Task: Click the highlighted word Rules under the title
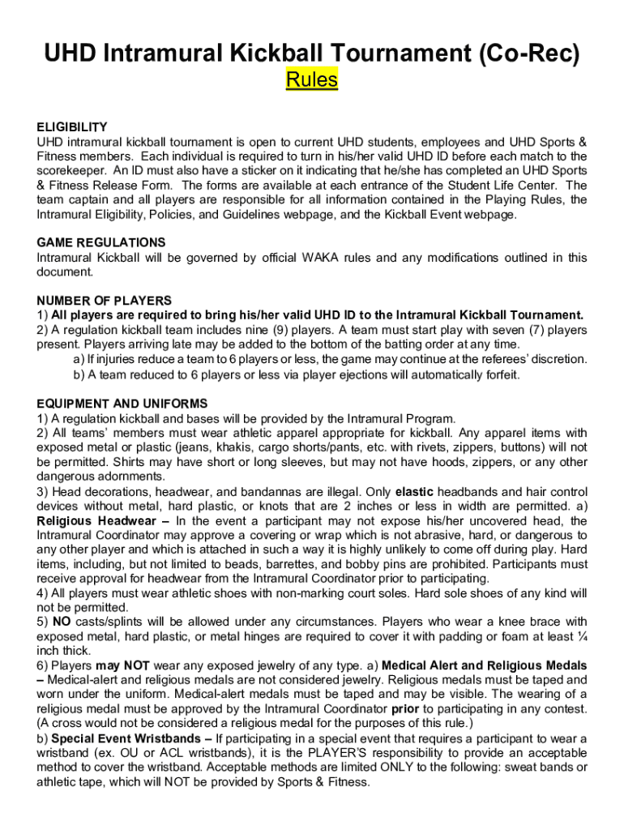click(x=312, y=80)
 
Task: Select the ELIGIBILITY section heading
click(x=72, y=127)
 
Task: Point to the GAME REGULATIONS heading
click(x=101, y=243)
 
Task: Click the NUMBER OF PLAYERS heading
click(x=105, y=301)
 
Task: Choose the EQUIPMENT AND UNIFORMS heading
click(x=122, y=404)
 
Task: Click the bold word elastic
click(x=414, y=492)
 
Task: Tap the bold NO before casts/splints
click(x=61, y=622)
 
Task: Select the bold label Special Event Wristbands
click(x=131, y=739)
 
